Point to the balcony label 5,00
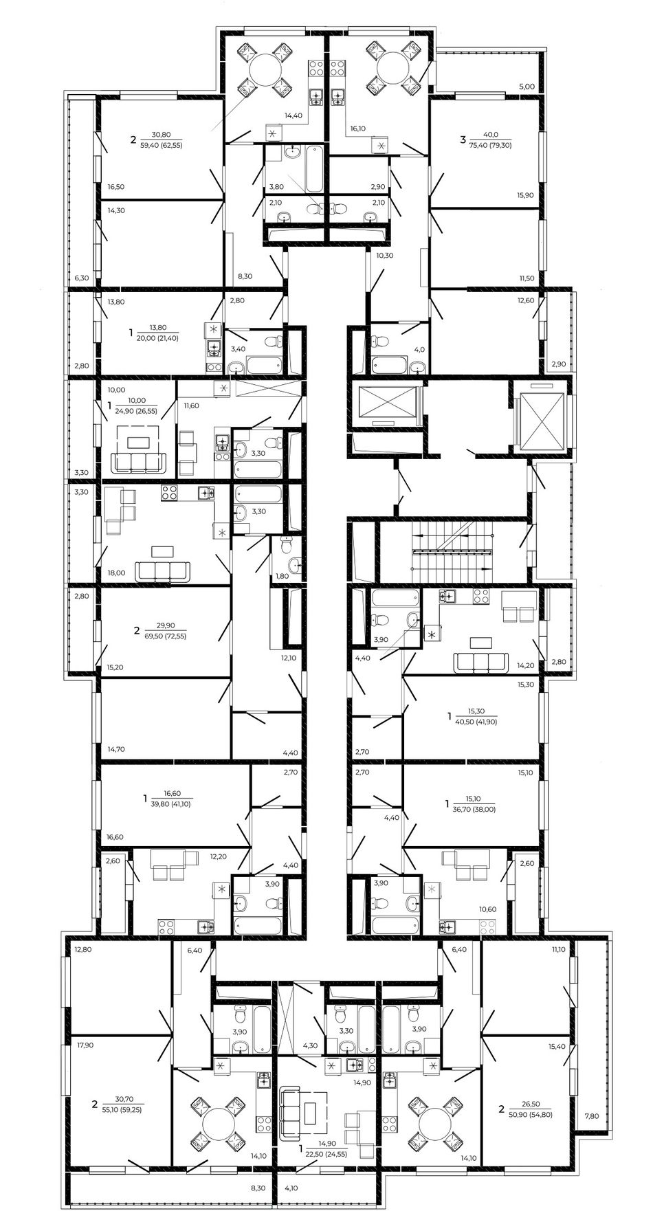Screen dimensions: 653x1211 click(x=527, y=87)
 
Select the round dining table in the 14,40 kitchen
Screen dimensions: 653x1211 click(x=263, y=69)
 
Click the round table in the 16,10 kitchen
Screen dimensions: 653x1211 click(x=392, y=69)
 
